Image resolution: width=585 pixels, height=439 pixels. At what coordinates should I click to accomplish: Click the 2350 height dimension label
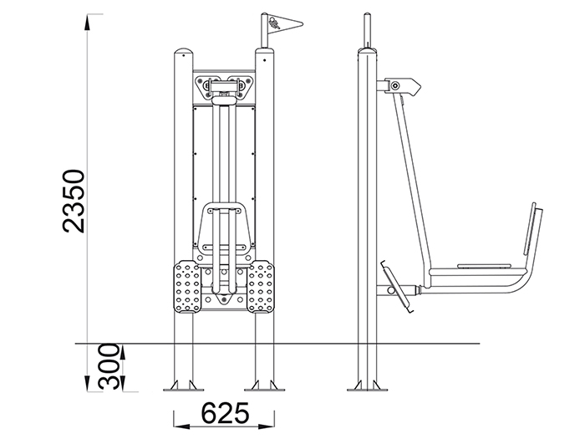74,202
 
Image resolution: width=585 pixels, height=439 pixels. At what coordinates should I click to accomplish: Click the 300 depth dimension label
109,366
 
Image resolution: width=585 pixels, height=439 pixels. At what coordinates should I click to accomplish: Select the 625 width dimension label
226,413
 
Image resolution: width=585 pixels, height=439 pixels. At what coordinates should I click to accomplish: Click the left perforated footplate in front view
187,286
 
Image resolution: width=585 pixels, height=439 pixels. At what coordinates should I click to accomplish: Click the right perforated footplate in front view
261,286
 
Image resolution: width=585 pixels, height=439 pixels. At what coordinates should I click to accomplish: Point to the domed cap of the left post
184,51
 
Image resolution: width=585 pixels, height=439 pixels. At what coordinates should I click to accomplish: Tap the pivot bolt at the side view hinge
395,86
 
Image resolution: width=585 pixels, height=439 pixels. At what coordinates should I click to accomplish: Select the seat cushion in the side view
484,266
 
